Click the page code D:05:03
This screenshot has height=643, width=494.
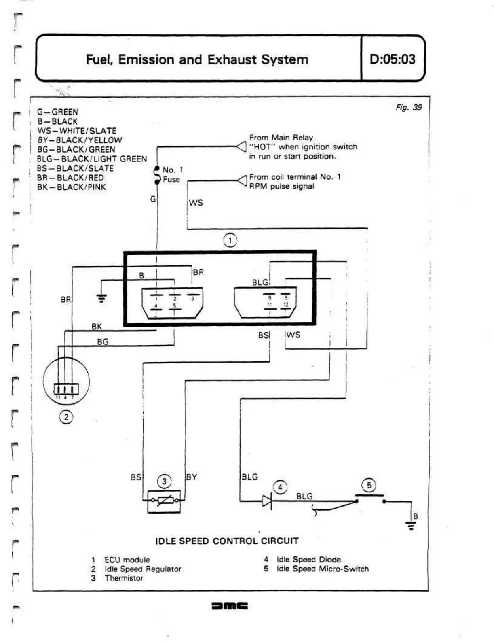click(x=392, y=59)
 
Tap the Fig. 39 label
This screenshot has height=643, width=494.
click(x=409, y=107)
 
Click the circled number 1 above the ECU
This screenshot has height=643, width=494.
click(x=230, y=240)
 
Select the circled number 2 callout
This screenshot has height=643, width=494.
click(x=66, y=417)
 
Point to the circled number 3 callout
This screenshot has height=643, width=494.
click(x=164, y=482)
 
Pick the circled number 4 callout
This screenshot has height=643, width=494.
click(x=280, y=487)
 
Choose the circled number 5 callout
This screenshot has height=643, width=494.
click(x=369, y=485)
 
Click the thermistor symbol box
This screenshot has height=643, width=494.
click(x=164, y=501)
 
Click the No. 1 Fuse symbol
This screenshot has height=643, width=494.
click(x=157, y=175)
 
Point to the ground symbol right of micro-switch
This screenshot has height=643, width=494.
click(x=411, y=526)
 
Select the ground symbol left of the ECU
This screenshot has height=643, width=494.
click(x=101, y=299)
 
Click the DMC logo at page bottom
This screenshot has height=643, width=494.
click(x=230, y=606)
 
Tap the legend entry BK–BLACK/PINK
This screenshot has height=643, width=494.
click(x=72, y=187)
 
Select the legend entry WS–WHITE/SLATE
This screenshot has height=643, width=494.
click(x=77, y=131)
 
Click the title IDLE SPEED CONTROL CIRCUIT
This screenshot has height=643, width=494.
click(x=227, y=541)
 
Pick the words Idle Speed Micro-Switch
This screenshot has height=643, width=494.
click(x=323, y=569)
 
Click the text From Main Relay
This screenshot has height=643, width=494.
click(x=281, y=138)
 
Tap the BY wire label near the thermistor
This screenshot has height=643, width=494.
click(x=192, y=477)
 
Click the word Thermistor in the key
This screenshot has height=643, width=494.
click(x=124, y=578)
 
